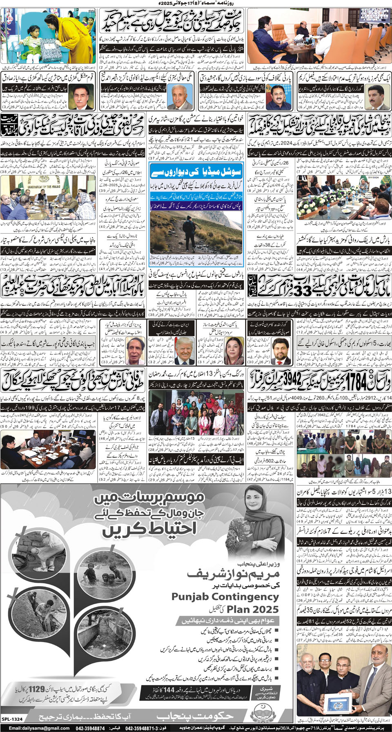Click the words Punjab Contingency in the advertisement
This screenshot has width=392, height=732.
225,597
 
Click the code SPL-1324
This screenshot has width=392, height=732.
12,719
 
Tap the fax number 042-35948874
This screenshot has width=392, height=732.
89,728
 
